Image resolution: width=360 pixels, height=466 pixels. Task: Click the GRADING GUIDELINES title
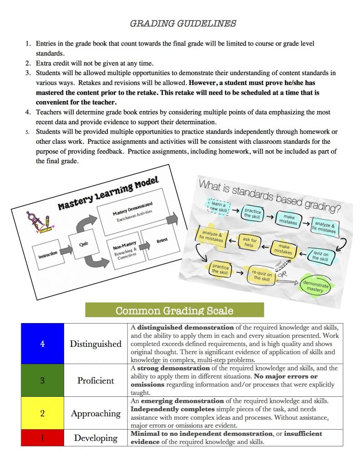183,24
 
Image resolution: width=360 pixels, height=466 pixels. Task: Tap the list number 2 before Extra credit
28,63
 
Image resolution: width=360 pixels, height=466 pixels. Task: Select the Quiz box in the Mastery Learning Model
83,244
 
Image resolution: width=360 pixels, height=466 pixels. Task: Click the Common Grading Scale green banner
174,311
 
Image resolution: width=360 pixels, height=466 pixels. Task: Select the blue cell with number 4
42,344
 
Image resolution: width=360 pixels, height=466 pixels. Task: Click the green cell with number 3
42,380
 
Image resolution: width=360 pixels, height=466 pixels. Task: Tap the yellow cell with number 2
42,413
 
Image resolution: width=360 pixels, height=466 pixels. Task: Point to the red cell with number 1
42,438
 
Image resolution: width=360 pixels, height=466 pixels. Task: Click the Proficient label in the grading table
96,380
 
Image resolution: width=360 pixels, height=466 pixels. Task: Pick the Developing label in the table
96,438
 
